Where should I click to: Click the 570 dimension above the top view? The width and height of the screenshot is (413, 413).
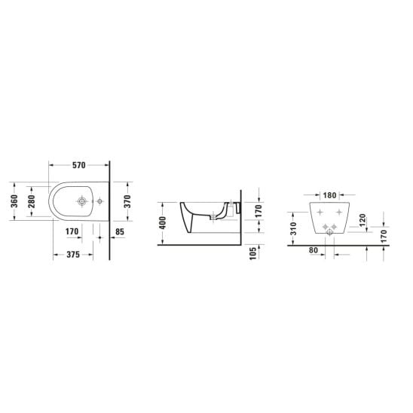tap(79, 165)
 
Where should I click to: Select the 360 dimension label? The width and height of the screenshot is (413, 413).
tap(14, 201)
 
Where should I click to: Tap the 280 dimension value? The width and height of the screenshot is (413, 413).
tap(32, 201)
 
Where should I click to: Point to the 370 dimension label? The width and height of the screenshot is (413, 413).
tap(127, 201)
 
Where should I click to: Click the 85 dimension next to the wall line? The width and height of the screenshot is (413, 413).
tap(120, 232)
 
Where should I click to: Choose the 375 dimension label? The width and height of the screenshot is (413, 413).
tap(73, 255)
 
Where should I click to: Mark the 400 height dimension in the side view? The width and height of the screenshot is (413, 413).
tap(163, 223)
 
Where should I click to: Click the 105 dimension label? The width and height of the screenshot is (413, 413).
tap(253, 253)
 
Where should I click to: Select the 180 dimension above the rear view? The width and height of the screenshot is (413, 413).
tap(330, 195)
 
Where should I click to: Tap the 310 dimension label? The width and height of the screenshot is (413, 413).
tap(293, 228)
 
